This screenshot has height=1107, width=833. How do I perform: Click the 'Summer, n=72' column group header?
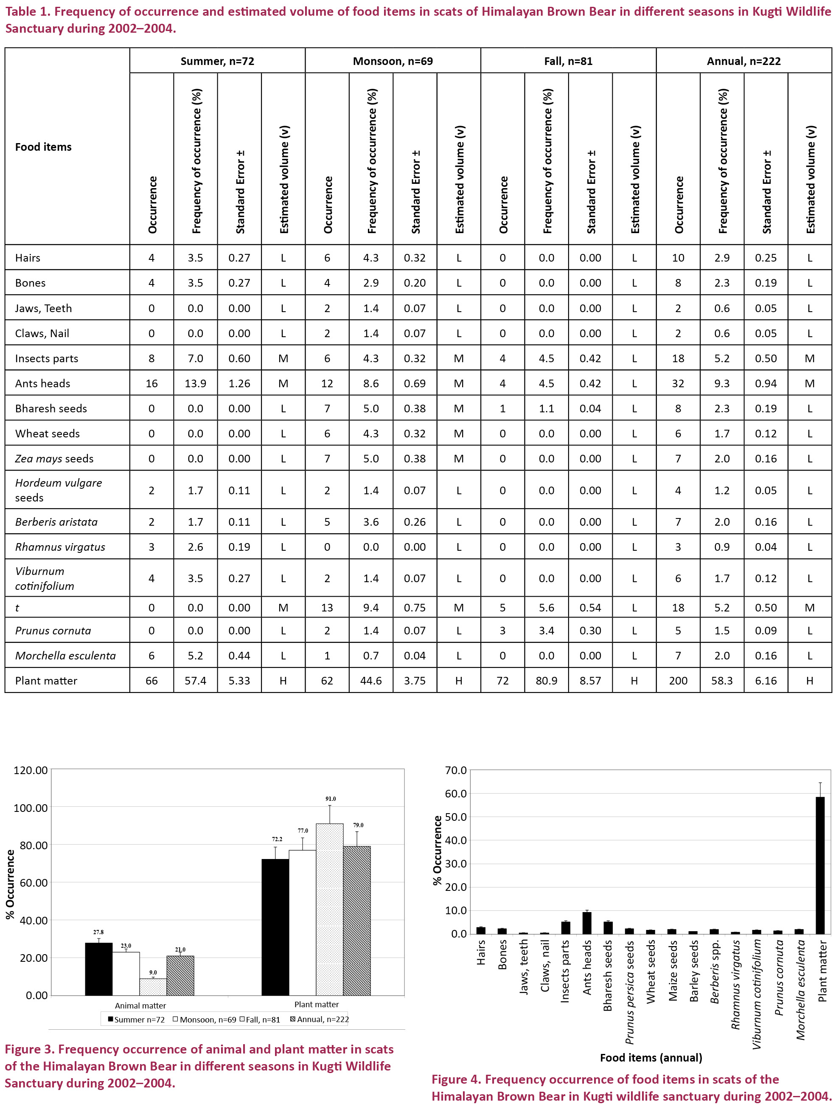click(217, 61)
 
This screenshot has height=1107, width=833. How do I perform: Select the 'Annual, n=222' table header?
click(743, 61)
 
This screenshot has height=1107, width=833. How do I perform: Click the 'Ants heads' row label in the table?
click(42, 383)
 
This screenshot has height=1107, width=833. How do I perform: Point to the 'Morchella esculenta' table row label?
click(65, 656)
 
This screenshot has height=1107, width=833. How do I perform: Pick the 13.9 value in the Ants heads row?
click(195, 383)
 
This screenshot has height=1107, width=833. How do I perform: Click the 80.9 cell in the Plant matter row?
click(546, 681)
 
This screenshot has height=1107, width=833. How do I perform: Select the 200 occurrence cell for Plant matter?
click(678, 681)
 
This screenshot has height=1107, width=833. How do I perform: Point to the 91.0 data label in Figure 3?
click(331, 799)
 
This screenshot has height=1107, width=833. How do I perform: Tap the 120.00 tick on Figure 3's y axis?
click(31, 770)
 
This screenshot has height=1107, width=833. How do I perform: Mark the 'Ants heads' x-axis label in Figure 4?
click(587, 967)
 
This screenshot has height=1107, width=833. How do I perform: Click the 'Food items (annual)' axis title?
click(651, 1057)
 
